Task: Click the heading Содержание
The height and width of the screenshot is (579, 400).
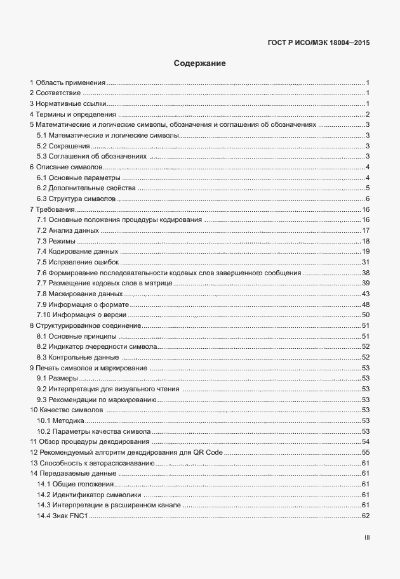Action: coord(199,63)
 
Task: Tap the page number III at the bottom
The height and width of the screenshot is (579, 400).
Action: coord(366,538)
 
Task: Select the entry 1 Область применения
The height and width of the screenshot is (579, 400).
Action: coord(67,83)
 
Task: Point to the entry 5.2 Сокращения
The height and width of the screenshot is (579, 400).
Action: coord(63,146)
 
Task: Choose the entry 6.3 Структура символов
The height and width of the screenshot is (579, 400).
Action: coord(76,199)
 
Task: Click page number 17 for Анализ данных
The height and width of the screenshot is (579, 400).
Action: coord(366,230)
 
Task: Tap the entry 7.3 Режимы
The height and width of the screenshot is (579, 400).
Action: coord(57,241)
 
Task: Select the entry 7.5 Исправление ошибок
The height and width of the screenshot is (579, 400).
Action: coord(78,262)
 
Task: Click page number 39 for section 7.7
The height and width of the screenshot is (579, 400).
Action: coord(366,283)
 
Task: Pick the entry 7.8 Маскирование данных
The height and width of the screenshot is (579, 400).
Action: coord(79,294)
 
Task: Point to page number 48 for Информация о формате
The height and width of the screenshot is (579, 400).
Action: coord(366,304)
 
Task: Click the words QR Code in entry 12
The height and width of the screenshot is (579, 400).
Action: coord(208,452)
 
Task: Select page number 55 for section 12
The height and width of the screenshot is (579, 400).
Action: coord(366,452)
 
